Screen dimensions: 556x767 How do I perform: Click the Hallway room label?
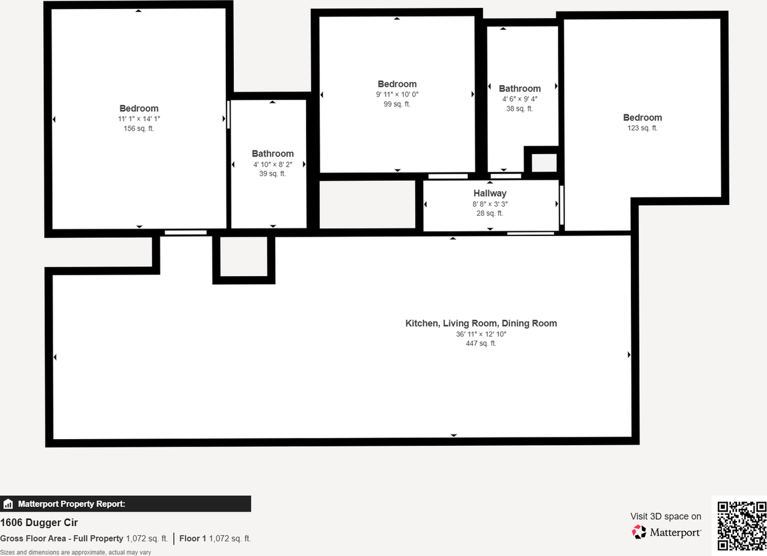tap(490, 194)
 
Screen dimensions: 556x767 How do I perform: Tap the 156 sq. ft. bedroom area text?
tap(139, 129)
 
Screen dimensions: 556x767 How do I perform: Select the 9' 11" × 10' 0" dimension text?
tap(397, 95)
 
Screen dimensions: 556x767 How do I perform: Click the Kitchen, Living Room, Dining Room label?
tap(481, 324)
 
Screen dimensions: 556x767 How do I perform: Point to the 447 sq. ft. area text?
tap(481, 344)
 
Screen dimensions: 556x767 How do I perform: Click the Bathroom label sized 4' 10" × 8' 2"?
tap(273, 154)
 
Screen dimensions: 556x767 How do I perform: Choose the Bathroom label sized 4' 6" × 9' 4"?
tap(520, 89)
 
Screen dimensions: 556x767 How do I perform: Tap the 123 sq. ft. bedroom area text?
tap(642, 128)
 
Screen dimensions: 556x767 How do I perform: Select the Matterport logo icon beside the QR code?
tap(639, 531)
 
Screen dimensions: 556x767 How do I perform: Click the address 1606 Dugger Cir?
tap(39, 523)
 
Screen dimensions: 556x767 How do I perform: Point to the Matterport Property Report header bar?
tap(125, 504)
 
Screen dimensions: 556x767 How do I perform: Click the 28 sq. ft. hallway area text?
tap(490, 213)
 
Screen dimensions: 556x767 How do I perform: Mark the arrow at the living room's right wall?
tap(629, 355)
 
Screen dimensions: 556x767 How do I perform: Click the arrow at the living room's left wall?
tap(55, 358)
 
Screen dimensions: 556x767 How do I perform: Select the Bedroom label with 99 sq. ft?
tap(397, 84)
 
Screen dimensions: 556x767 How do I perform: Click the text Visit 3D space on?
tap(665, 516)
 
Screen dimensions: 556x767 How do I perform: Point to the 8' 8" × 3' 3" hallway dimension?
tap(490, 204)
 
